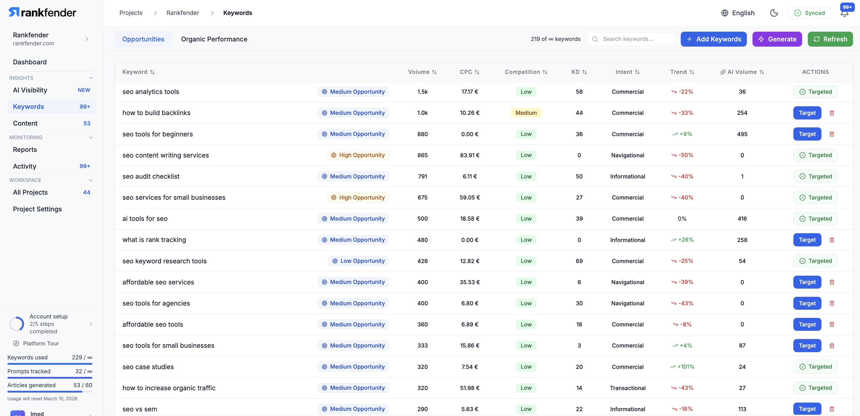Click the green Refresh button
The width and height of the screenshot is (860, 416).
pyautogui.click(x=830, y=39)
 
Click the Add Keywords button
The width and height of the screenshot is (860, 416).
pyautogui.click(x=713, y=39)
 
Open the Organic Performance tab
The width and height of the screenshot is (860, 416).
pyautogui.click(x=214, y=39)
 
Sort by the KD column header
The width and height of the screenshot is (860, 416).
pyautogui.click(x=579, y=72)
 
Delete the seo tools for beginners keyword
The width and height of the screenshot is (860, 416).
pyautogui.click(x=832, y=134)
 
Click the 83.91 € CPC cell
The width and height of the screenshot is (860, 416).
pyautogui.click(x=469, y=155)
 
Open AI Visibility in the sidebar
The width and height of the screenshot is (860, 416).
pyautogui.click(x=30, y=90)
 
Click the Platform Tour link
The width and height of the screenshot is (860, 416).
pyautogui.click(x=41, y=343)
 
